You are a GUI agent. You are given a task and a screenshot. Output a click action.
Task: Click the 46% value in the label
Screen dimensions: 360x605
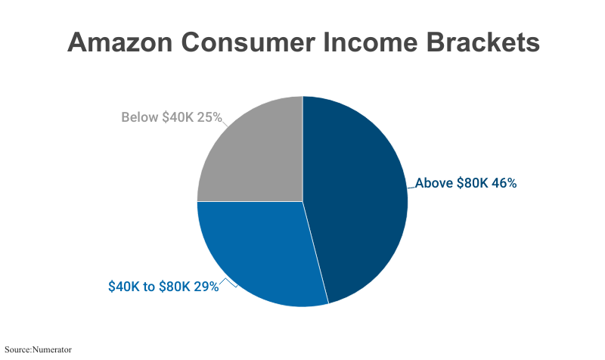point(504,183)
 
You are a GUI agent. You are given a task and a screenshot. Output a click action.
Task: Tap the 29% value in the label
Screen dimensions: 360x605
point(205,287)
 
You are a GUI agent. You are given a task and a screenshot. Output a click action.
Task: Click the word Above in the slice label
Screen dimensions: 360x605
point(434,183)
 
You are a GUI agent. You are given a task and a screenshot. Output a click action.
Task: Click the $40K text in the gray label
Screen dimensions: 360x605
point(177,117)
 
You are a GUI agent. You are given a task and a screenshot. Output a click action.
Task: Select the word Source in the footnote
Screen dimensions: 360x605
point(17,349)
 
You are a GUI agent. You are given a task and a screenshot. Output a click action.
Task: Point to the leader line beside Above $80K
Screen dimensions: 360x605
point(411,186)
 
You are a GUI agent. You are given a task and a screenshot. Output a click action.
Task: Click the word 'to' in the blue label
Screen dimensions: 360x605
point(149,287)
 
